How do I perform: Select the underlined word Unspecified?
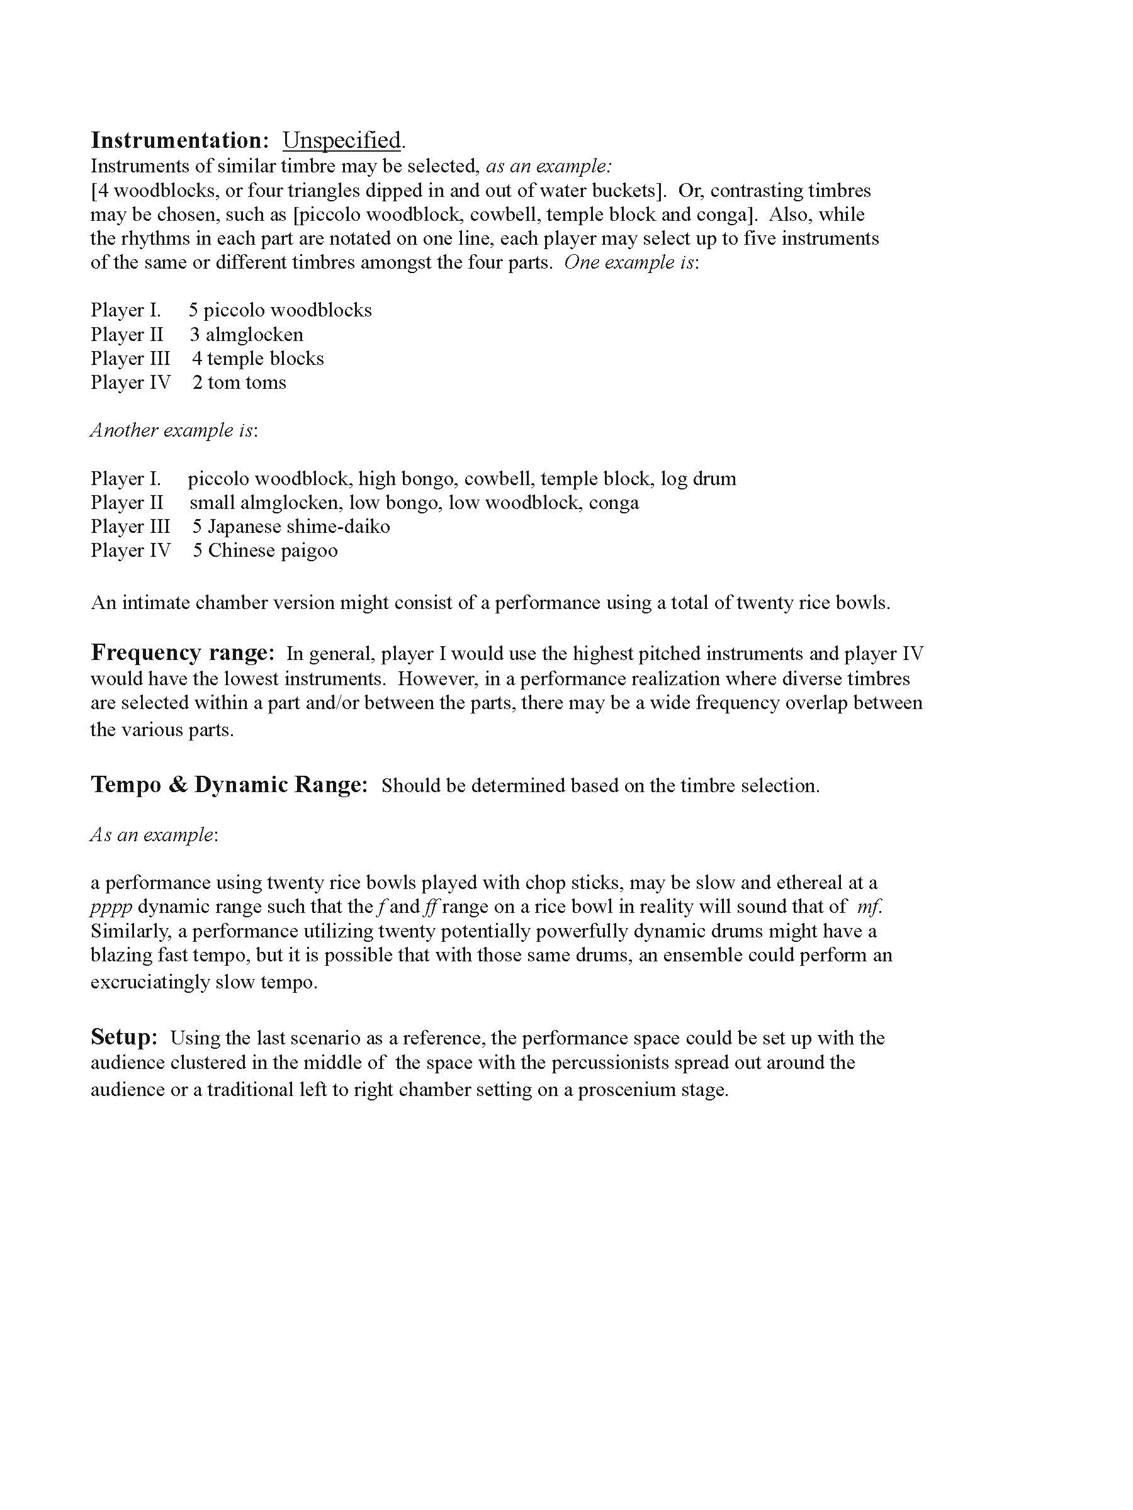[341, 140]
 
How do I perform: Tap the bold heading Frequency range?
[183, 652]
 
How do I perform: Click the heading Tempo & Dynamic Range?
[228, 785]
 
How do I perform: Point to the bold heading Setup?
[124, 1037]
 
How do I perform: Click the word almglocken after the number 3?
[254, 335]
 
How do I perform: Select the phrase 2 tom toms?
[239, 383]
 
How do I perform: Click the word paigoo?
[305, 551]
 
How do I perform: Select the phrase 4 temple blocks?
[258, 359]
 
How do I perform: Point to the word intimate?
[154, 603]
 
